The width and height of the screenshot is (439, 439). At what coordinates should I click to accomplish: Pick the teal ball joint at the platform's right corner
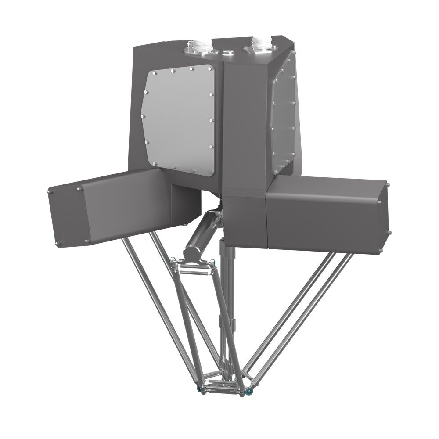248,391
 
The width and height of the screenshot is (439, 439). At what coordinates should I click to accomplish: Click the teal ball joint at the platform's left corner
200,389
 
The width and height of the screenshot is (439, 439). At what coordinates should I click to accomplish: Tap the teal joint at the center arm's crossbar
212,264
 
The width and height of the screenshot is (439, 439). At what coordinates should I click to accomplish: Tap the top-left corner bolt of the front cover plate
155,72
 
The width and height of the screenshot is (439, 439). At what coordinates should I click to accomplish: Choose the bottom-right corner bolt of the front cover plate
212,172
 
